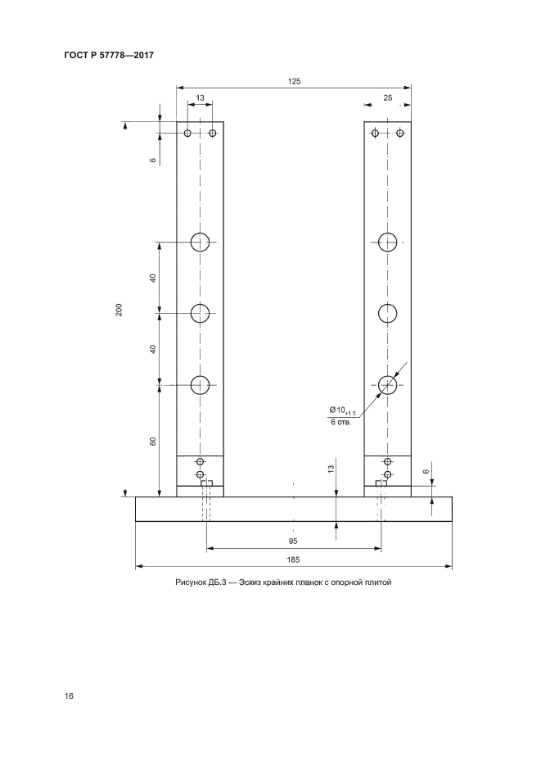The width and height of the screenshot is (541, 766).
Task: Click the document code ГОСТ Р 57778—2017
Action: [x=109, y=55]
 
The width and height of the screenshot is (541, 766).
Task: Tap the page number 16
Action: [x=69, y=696]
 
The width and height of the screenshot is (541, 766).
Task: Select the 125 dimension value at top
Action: [x=294, y=82]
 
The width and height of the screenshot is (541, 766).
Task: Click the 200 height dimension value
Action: [x=119, y=310]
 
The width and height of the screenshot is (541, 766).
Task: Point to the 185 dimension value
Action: [x=293, y=560]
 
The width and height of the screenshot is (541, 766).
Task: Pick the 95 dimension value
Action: [x=293, y=542]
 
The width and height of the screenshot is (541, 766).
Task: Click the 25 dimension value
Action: [x=387, y=97]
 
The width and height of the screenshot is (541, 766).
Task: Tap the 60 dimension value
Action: [x=153, y=441]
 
